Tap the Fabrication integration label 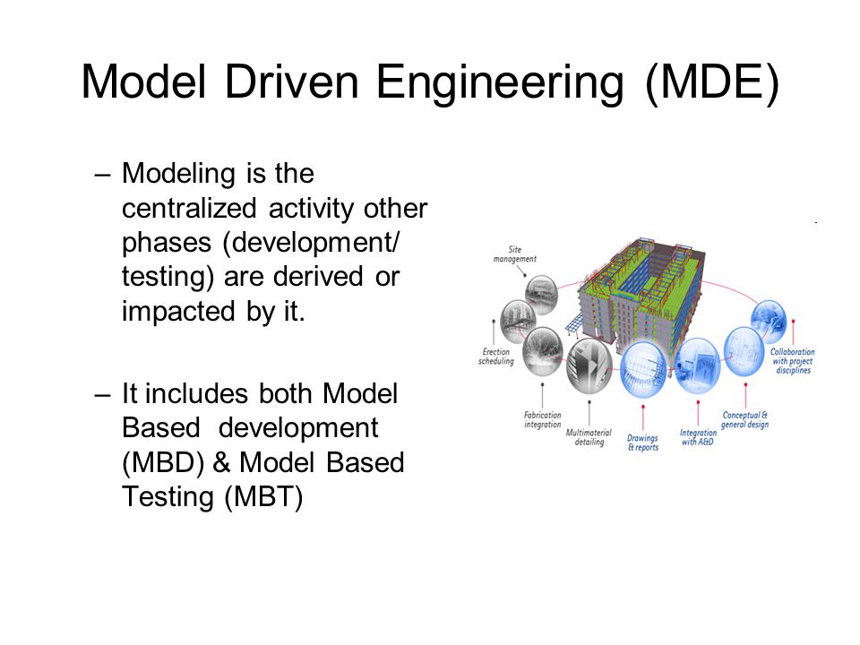click(543, 419)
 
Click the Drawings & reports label click(642, 443)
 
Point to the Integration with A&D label click(699, 438)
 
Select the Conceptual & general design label click(745, 419)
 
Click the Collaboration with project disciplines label click(792, 361)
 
